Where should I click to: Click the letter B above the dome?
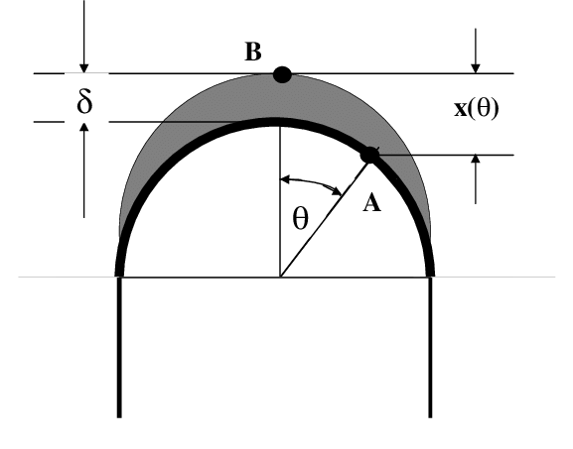click(x=253, y=53)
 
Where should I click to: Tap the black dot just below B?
click(x=282, y=77)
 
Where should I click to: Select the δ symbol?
click(x=85, y=102)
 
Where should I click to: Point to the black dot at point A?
click(x=369, y=155)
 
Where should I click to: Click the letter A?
click(x=371, y=203)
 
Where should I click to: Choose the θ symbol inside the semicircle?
click(x=301, y=219)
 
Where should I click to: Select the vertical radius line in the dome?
click(x=280, y=198)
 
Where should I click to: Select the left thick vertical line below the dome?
click(x=120, y=347)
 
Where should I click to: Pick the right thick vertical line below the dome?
click(x=431, y=347)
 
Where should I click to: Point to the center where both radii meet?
click(x=280, y=278)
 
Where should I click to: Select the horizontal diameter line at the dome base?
click(x=199, y=278)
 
